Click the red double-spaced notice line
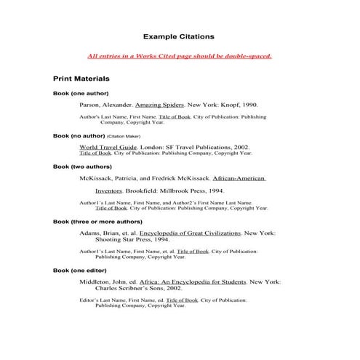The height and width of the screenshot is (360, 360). pos(179,55)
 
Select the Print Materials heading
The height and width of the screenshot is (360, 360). pos(81,77)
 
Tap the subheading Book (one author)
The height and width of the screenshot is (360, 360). pos(81,94)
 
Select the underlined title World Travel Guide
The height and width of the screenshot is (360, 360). pos(105,147)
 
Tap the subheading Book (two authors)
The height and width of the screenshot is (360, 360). pos(82,167)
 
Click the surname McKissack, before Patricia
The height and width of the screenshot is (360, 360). pos(97,178)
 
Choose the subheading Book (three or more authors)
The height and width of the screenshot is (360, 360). pos(97,221)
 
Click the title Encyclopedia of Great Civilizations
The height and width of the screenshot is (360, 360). pos(194,233)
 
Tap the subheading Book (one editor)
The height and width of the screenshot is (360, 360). pos(81,270)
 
